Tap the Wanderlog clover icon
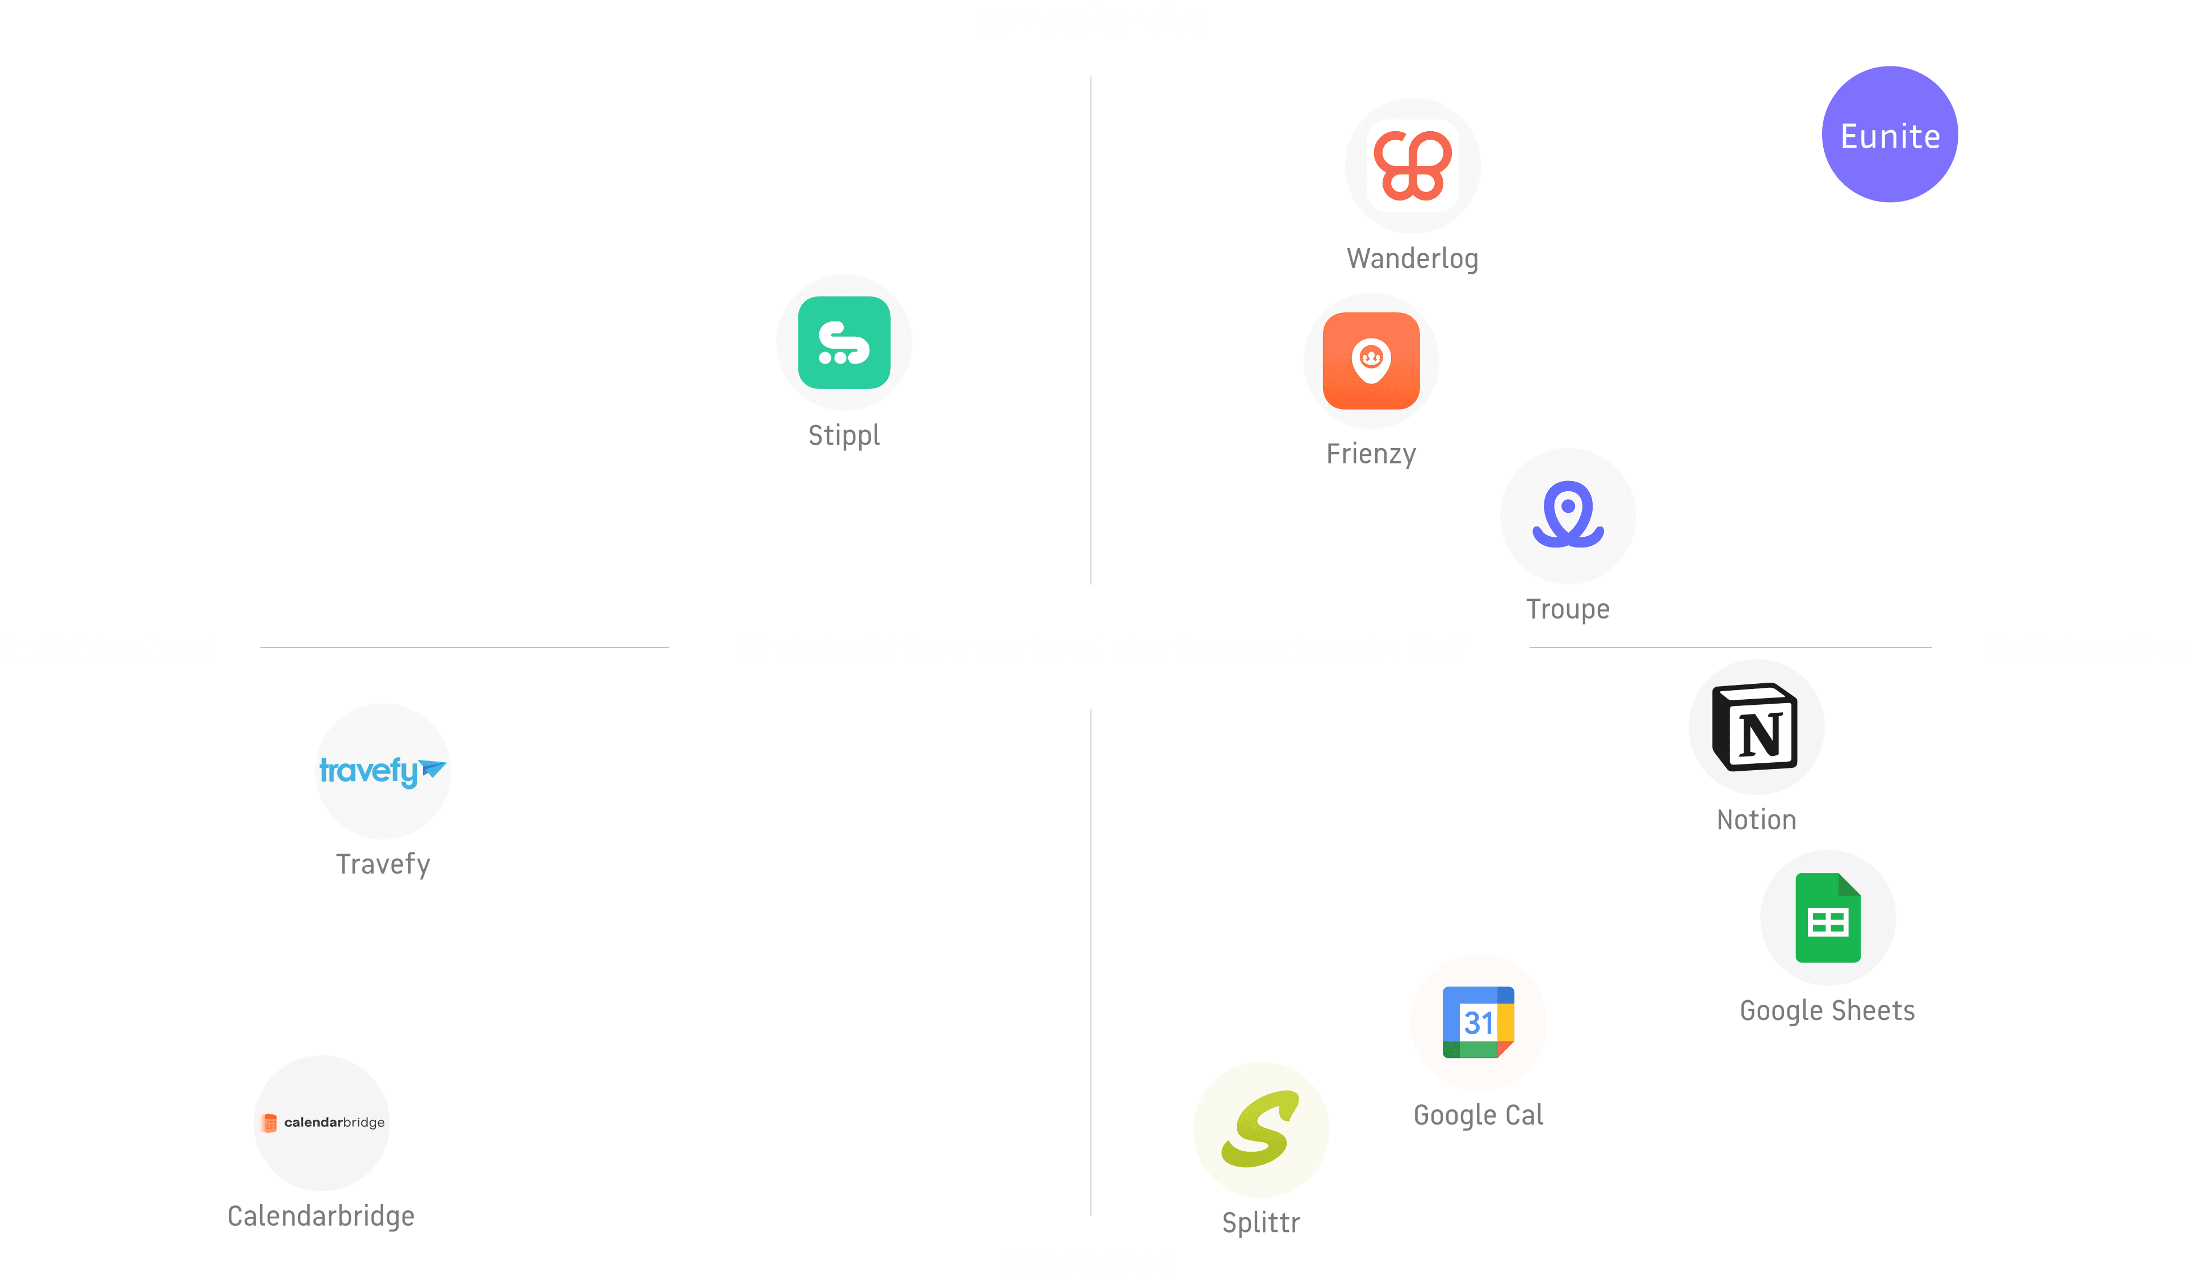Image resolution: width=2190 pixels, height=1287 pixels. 1412,165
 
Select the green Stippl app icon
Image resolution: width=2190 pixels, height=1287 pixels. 844,342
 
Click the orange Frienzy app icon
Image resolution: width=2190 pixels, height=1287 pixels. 1371,361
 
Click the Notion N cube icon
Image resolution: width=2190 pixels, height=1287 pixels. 1756,726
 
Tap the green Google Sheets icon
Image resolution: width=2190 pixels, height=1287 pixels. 1828,918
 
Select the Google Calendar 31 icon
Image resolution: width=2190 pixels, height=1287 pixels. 1478,1022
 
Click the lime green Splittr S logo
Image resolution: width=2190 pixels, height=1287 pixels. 1261,1129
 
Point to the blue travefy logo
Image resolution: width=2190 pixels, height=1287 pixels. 382,771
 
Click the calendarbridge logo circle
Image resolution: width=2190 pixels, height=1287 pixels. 321,1123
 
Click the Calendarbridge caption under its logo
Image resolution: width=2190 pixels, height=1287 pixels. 321,1216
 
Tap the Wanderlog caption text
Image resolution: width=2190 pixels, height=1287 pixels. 1412,258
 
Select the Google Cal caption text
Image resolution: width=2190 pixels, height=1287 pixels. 1478,1115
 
